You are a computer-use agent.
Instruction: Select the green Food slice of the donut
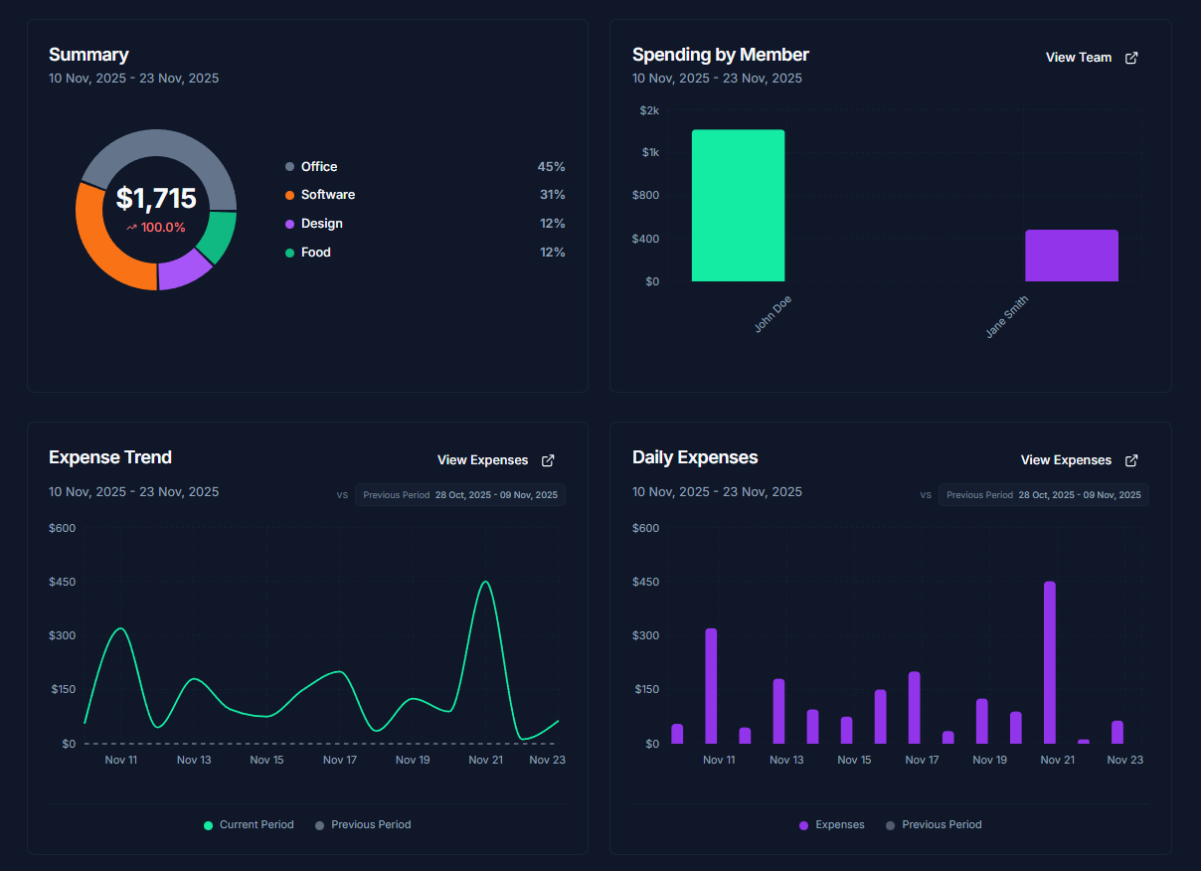pyautogui.click(x=218, y=238)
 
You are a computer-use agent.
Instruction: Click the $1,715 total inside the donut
pyautogui.click(x=156, y=199)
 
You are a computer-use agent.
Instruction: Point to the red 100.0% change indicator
pyautogui.click(x=156, y=228)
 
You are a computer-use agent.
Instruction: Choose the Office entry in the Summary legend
pyautogui.click(x=318, y=167)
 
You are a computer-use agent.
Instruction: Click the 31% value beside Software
pyautogui.click(x=552, y=195)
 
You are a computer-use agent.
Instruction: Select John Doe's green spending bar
pyautogui.click(x=738, y=206)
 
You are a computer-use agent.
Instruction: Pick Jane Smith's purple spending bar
pyautogui.click(x=1071, y=257)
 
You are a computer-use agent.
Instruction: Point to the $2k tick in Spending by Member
pyautogui.click(x=648, y=110)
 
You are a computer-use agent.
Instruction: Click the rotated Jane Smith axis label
pyautogui.click(x=1007, y=316)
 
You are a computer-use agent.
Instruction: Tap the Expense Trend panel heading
pyautogui.click(x=110, y=457)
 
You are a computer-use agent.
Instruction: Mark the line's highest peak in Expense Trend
pyautogui.click(x=485, y=583)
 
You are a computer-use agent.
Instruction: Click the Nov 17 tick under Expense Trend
pyautogui.click(x=340, y=760)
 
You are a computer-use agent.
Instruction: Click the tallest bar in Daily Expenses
pyautogui.click(x=1049, y=662)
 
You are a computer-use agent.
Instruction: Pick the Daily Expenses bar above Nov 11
pyautogui.click(x=711, y=685)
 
